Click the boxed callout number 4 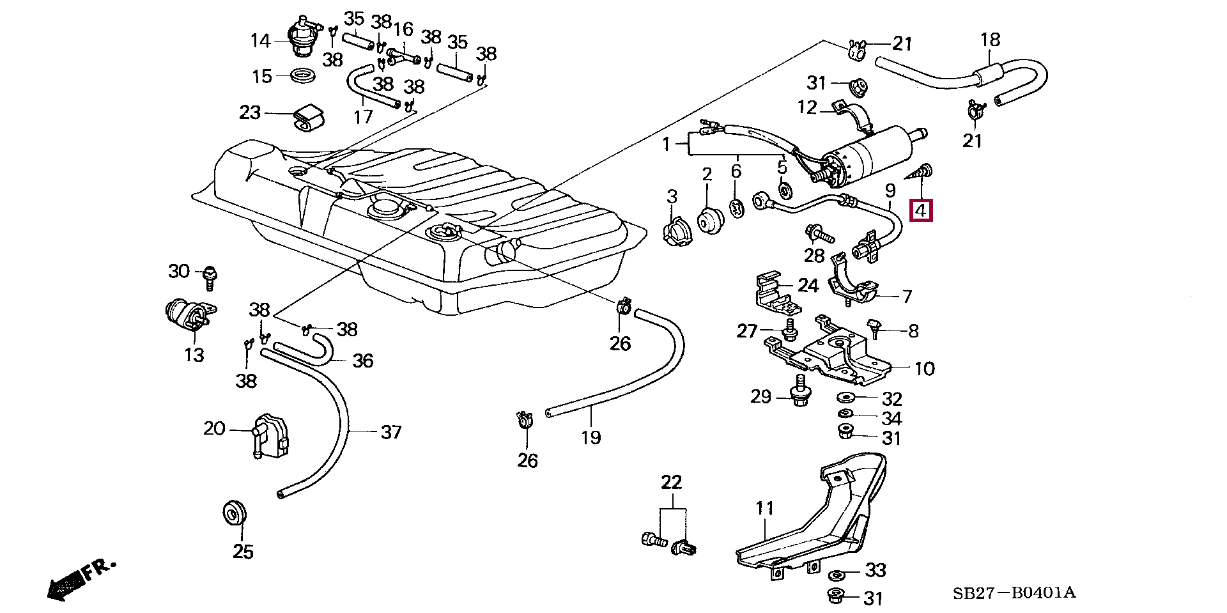click(x=921, y=210)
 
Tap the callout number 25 click(x=243, y=551)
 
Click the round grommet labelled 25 click(x=234, y=513)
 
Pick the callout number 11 click(x=764, y=509)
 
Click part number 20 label click(x=214, y=428)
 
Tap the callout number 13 click(x=194, y=355)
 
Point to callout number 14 click(x=260, y=42)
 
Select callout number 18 click(x=990, y=40)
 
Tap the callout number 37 click(x=391, y=432)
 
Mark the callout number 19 click(x=591, y=438)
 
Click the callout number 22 click(x=672, y=483)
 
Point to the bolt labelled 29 click(x=799, y=392)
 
